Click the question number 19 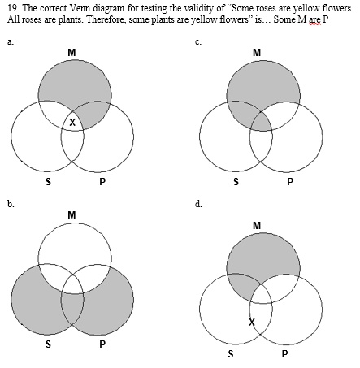(x=11, y=8)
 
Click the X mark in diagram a (x=72, y=123)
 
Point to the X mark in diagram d (x=251, y=323)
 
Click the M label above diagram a (x=73, y=53)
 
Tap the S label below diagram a (x=48, y=181)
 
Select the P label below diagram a (x=102, y=181)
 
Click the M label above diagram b (x=72, y=214)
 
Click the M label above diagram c (x=257, y=53)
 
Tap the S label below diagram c (x=236, y=181)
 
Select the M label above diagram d (x=258, y=225)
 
